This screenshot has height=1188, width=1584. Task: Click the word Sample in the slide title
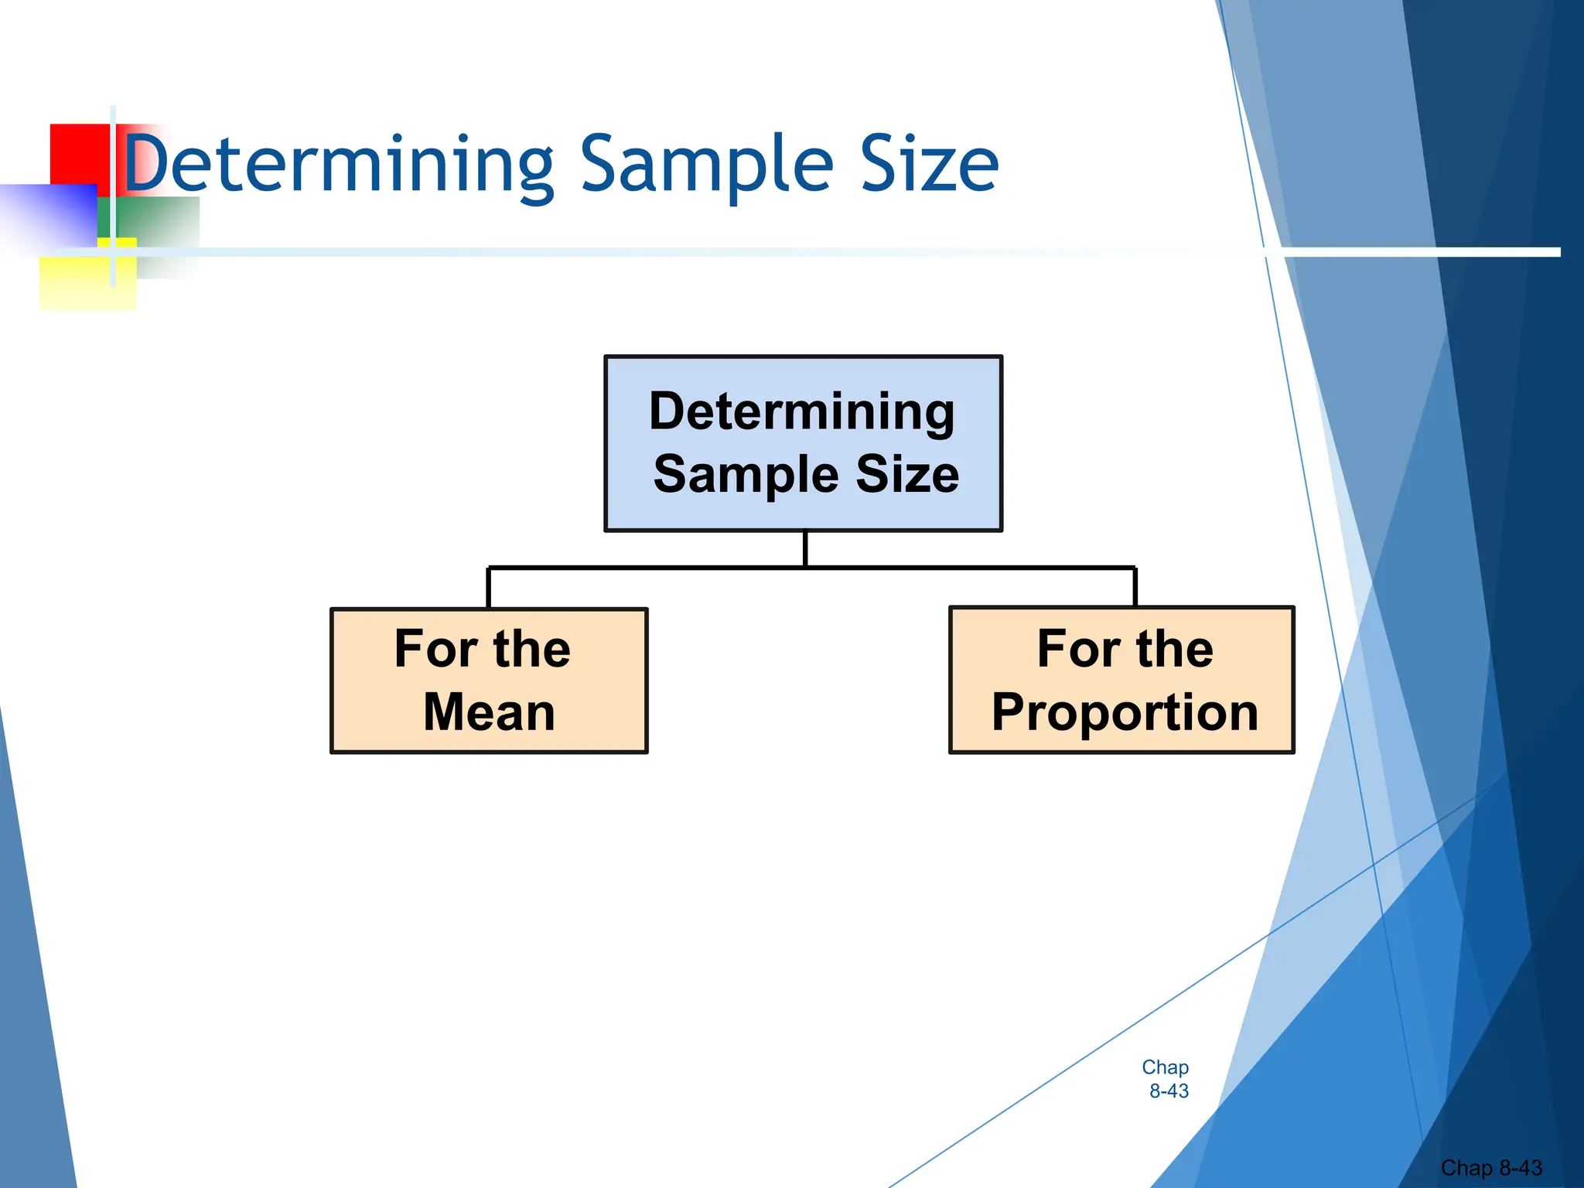click(x=706, y=164)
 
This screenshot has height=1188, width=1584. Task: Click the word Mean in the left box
click(x=489, y=712)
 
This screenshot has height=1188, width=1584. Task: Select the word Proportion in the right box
click(x=1125, y=712)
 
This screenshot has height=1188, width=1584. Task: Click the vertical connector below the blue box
click(x=805, y=549)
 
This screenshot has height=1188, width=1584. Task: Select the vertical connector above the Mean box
click(x=488, y=589)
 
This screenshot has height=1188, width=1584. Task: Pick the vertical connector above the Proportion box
click(x=1135, y=588)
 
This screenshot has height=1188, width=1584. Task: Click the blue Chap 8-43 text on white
click(x=1166, y=1079)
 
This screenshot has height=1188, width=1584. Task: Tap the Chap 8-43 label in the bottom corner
click(x=1490, y=1167)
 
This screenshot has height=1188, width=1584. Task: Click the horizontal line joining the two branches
click(x=650, y=568)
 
